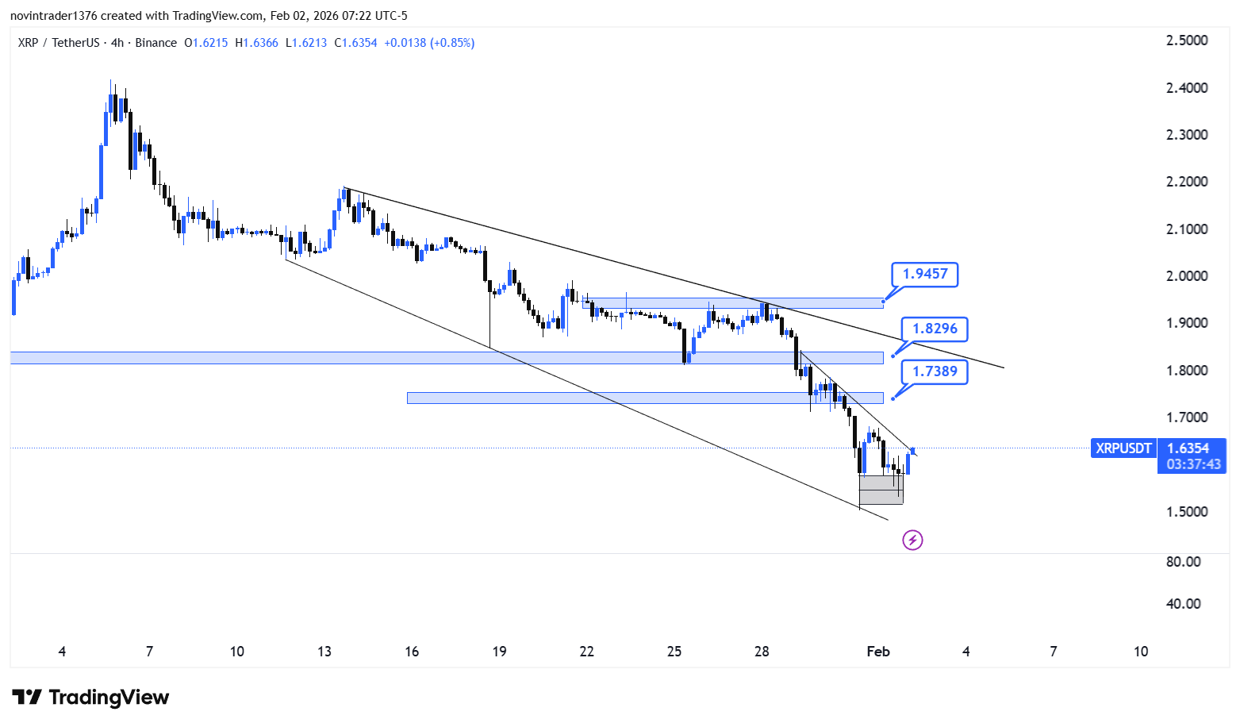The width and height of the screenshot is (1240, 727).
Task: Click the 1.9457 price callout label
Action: click(x=924, y=274)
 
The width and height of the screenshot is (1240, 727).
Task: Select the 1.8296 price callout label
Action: click(x=935, y=329)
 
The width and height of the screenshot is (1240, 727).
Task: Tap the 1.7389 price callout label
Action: click(x=935, y=371)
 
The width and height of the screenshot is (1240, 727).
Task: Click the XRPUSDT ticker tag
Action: click(x=1123, y=448)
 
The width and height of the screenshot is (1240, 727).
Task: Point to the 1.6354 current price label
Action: click(x=1188, y=448)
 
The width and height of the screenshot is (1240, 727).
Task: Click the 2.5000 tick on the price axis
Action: click(x=1187, y=40)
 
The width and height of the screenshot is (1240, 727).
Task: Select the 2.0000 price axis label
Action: click(x=1187, y=275)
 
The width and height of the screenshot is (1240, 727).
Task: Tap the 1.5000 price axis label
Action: click(x=1187, y=512)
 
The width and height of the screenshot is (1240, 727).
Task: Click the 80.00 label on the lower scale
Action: click(x=1183, y=562)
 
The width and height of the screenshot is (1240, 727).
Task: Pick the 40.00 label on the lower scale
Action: click(x=1183, y=603)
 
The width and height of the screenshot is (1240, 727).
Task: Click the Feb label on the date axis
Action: click(x=878, y=652)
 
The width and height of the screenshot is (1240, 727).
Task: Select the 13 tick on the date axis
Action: click(x=324, y=652)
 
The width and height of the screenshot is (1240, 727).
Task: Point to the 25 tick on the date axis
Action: click(x=674, y=652)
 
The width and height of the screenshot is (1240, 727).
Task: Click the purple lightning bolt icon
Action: click(x=913, y=540)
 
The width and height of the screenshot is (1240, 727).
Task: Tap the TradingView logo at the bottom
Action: click(x=90, y=697)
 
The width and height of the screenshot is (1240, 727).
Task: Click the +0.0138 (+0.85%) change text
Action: click(x=429, y=43)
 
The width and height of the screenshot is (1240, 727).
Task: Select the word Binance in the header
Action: click(x=155, y=43)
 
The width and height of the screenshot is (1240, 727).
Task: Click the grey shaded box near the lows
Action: click(x=881, y=490)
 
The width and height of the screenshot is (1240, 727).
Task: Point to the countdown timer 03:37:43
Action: click(x=1193, y=464)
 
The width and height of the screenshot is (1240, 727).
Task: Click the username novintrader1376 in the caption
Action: click(x=54, y=16)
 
